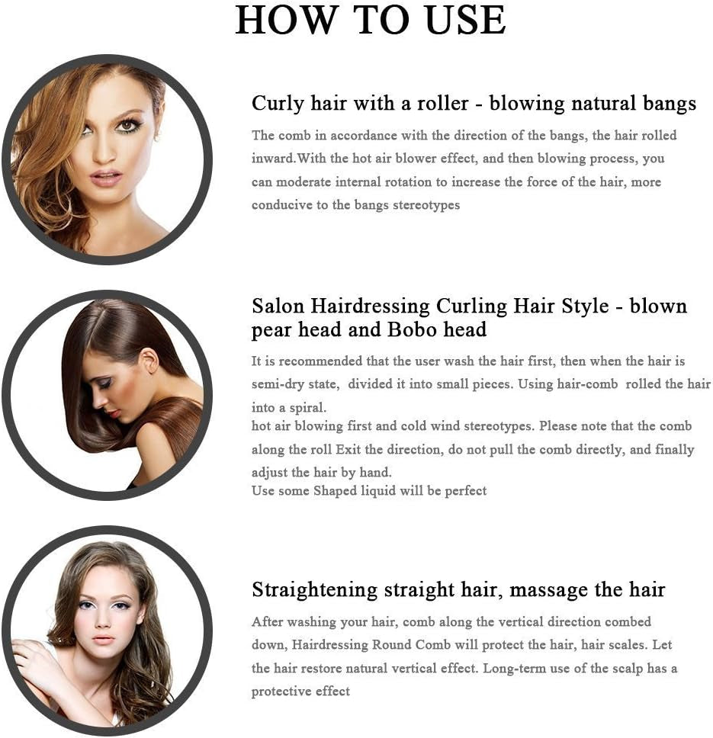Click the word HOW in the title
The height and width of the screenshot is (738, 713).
tap(286, 20)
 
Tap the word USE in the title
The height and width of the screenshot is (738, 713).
tap(465, 20)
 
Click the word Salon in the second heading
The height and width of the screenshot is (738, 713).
tap(278, 306)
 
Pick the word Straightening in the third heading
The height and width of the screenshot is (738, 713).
tap(314, 590)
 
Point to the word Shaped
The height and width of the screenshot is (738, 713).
tap(335, 491)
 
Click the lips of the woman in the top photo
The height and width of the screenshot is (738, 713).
tap(105, 179)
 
